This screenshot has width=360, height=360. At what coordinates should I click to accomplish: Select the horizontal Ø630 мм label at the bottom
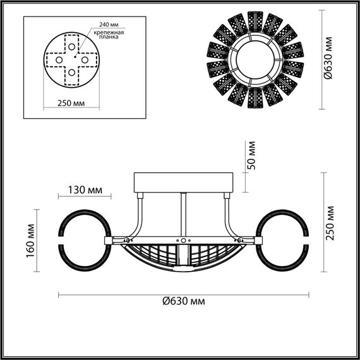pos(183,301)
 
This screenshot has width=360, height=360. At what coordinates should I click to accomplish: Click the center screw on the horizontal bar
pos(183,241)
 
